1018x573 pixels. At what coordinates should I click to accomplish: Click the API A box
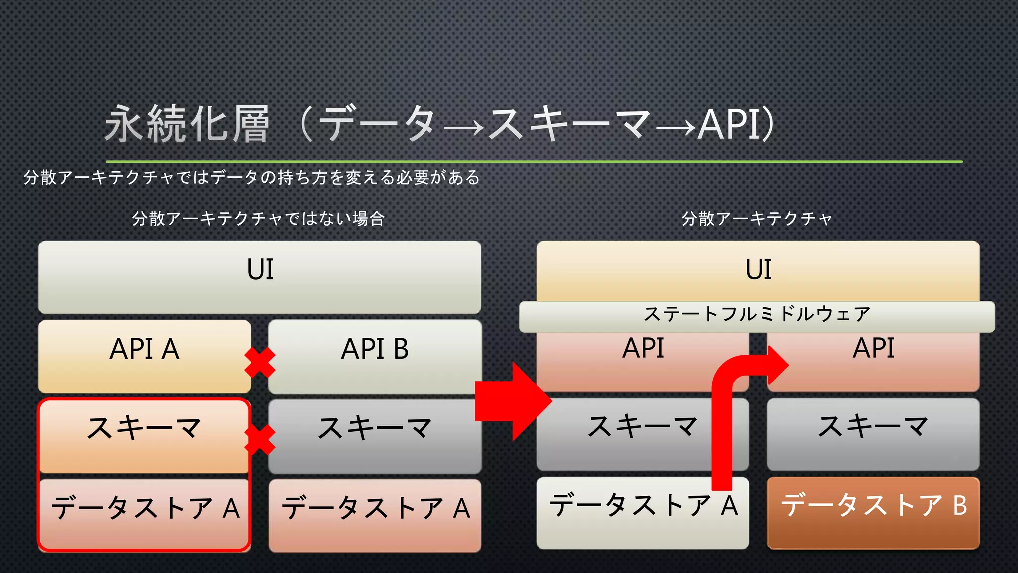(144, 356)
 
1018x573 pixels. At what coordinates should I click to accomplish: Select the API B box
(375, 356)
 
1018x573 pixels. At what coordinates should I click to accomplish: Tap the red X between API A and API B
(259, 362)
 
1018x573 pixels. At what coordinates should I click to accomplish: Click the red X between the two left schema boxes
(260, 440)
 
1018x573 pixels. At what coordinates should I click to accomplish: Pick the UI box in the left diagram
(259, 277)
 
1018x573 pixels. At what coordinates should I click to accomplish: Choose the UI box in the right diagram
(758, 271)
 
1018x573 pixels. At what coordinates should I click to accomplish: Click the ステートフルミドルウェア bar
(757, 316)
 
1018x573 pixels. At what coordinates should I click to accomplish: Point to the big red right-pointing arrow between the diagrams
(512, 401)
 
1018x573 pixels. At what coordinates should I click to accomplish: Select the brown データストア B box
(873, 512)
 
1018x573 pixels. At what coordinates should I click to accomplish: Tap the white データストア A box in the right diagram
(642, 512)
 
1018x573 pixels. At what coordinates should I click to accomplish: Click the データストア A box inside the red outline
(144, 513)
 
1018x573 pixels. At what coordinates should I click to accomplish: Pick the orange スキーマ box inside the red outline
(144, 436)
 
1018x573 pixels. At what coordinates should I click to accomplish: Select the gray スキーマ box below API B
(375, 436)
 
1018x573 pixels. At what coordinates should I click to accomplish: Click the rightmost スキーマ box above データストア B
(873, 434)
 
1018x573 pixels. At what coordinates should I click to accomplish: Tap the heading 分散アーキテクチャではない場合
(258, 219)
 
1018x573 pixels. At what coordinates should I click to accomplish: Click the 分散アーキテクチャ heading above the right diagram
(757, 219)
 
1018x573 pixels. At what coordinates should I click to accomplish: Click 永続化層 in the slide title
(187, 124)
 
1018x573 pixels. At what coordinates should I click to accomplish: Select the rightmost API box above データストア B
(873, 361)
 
